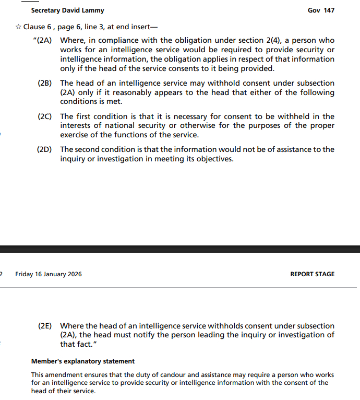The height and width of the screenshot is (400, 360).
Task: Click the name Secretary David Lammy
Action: (x=67, y=10)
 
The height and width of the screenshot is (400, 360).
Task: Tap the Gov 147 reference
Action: (x=321, y=10)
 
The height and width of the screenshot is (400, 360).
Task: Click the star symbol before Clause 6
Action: (x=18, y=27)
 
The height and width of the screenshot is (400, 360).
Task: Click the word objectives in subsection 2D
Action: (x=213, y=159)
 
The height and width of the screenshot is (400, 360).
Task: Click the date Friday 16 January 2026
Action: (x=49, y=274)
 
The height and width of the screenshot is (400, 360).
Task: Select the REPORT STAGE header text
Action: (x=312, y=274)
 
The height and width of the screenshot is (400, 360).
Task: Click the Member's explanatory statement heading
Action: (x=82, y=361)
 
